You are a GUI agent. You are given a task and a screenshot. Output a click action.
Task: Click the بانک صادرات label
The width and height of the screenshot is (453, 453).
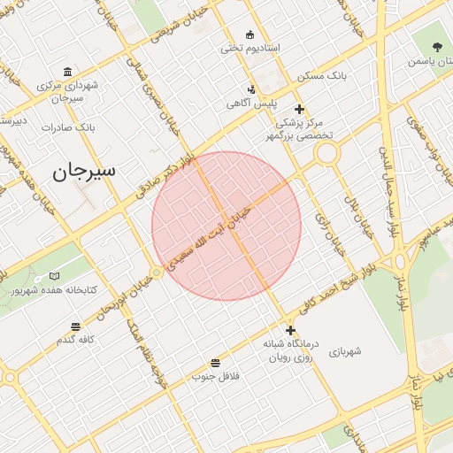(67, 127)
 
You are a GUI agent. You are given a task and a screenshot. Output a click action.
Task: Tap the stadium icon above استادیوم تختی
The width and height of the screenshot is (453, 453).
(250, 35)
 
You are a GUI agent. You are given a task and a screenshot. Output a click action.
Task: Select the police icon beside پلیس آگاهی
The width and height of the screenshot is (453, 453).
(252, 89)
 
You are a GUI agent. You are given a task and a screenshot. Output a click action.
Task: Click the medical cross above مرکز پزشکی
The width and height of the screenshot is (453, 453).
(300, 110)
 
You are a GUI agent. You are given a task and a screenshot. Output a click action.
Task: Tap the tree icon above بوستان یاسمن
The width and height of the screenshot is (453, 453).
(437, 47)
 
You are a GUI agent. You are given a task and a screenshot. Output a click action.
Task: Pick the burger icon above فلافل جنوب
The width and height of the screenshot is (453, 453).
(216, 363)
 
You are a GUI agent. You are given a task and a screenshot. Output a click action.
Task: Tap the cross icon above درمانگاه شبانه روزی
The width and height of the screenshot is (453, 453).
(290, 330)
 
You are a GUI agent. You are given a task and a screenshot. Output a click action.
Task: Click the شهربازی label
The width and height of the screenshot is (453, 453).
(345, 351)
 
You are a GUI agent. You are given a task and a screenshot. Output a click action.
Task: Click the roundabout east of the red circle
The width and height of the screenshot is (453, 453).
(326, 154)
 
